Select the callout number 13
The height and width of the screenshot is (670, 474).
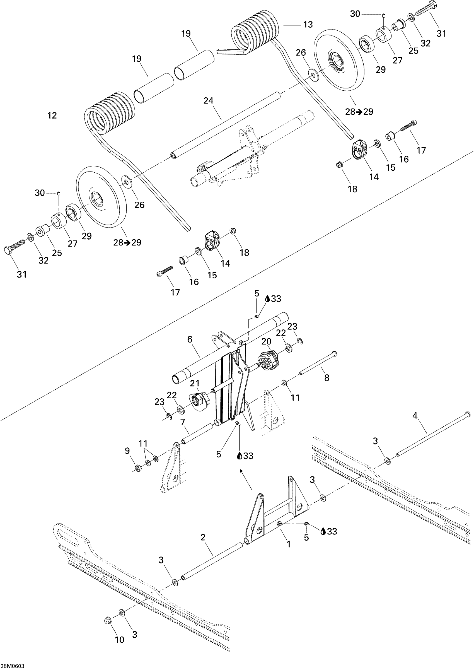[x=308, y=25]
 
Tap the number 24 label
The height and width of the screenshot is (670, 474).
[x=208, y=101]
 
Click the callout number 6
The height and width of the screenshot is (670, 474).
[x=190, y=339]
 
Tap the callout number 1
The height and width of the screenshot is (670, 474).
[x=289, y=544]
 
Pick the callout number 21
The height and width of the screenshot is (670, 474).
[x=195, y=383]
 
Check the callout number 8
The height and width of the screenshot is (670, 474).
[x=327, y=378]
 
